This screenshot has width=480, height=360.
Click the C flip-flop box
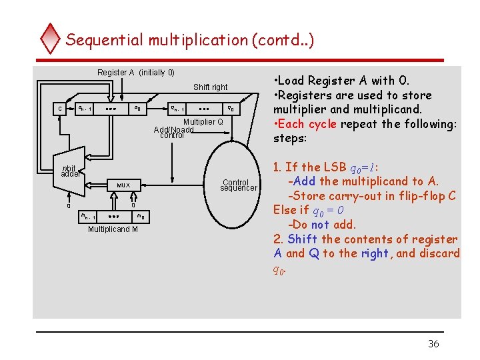[59, 108]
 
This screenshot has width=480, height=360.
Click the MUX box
[124, 185]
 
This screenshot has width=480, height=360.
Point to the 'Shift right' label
[210, 87]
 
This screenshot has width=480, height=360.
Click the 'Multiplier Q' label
[203, 121]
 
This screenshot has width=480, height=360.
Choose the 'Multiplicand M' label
[113, 229]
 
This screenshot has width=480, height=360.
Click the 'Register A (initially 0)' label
[135, 72]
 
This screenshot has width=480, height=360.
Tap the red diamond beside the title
[51, 39]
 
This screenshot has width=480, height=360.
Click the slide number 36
[433, 344]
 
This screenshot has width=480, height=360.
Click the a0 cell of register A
[137, 108]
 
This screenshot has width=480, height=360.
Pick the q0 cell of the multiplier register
[229, 108]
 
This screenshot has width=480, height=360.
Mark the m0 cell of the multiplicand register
[141, 217]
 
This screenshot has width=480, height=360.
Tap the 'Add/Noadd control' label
[173, 132]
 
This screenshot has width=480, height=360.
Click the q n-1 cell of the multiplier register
[177, 108]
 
